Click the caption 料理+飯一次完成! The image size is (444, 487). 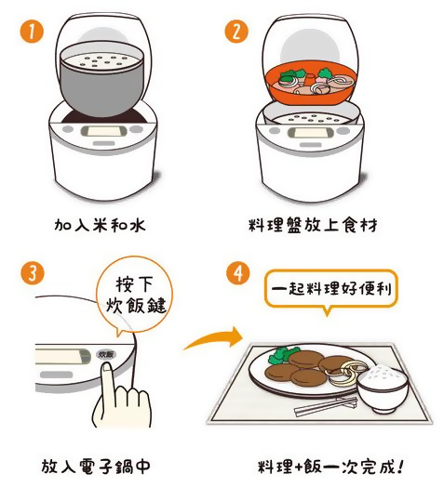(326, 467)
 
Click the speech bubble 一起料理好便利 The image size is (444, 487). (330, 289)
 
